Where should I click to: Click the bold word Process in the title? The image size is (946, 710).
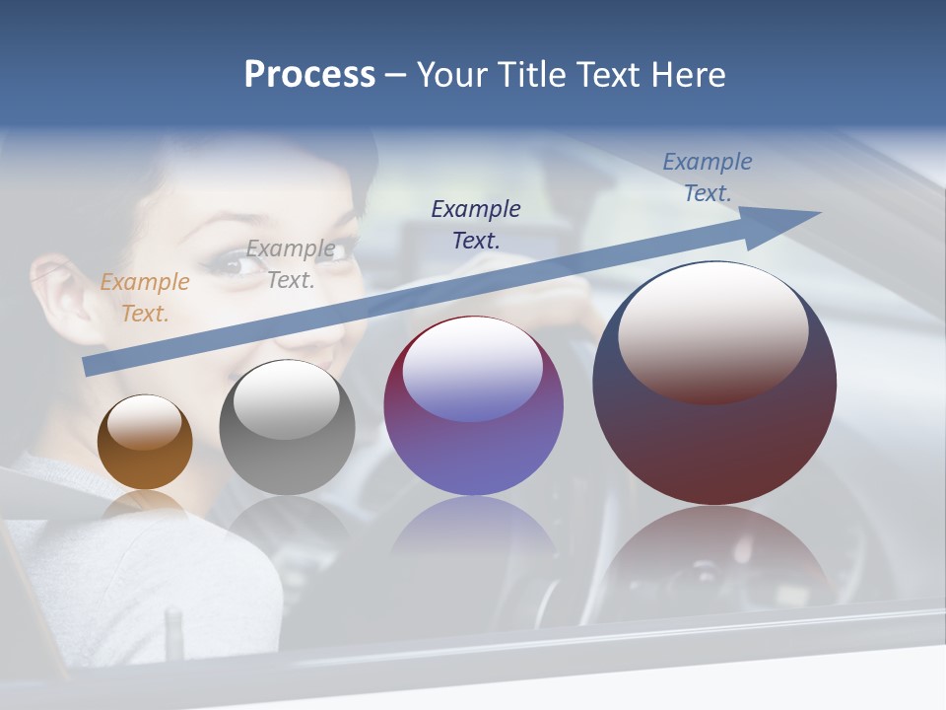point(309,75)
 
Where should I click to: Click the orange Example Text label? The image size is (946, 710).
point(145,298)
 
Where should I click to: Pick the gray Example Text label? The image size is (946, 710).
point(291,264)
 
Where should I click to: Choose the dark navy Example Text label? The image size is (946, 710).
point(476,224)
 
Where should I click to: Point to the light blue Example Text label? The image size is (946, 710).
point(708,177)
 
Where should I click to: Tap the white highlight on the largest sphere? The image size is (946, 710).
point(713,330)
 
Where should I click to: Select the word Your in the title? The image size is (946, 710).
point(451,75)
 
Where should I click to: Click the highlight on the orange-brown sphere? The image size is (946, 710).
point(144,422)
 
